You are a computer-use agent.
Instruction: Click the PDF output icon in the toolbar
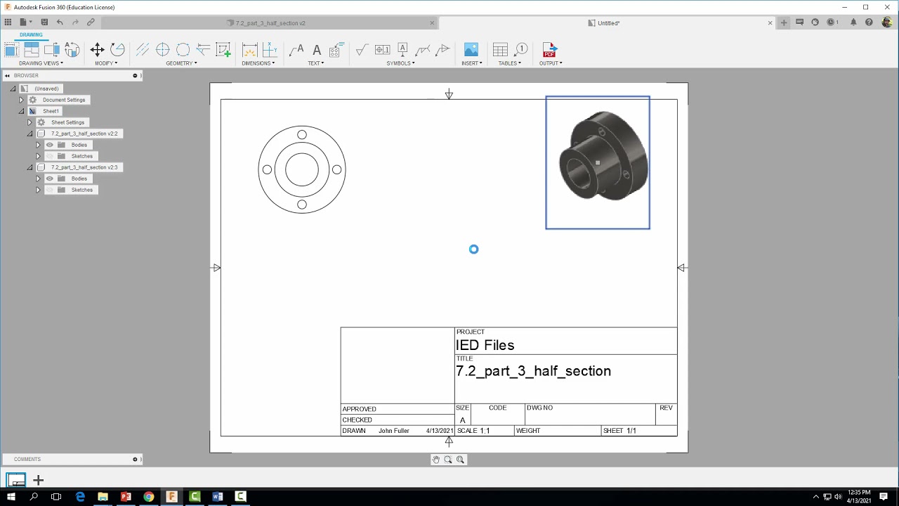point(549,50)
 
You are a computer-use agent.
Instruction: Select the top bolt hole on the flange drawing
point(302,135)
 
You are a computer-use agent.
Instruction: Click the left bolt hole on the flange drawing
point(267,169)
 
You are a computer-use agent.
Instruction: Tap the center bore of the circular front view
point(302,169)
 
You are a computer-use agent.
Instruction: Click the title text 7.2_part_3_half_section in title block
point(533,371)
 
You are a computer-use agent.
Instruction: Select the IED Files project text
point(485,345)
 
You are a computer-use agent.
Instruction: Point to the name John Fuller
point(393,431)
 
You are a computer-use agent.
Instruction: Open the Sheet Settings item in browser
point(67,122)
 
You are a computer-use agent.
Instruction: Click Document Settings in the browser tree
point(63,100)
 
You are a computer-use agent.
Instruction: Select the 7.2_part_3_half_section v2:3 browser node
point(84,167)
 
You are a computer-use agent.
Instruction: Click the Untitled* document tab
point(608,23)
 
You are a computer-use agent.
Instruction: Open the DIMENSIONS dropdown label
point(258,63)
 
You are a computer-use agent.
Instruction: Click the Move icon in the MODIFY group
point(98,50)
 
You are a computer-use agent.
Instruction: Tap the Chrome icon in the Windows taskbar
point(149,497)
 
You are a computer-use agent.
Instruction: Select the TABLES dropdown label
point(509,63)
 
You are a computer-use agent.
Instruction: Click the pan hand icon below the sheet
point(436,460)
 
